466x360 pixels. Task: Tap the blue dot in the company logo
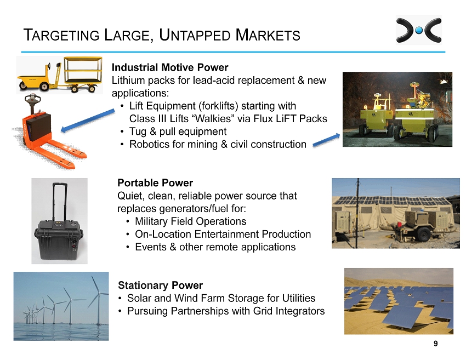[x=419, y=30]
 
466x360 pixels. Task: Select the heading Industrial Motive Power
[x=170, y=67]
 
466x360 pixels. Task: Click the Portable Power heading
[x=155, y=182]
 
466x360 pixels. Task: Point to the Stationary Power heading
[x=160, y=285]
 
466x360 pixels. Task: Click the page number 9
[x=435, y=344]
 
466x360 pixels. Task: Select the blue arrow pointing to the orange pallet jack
[x=88, y=121]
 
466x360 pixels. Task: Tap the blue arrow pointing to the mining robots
[x=326, y=140]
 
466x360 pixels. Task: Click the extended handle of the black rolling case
[x=60, y=202]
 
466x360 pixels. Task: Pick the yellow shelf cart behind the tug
[x=83, y=73]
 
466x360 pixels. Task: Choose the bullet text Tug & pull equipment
[x=178, y=132]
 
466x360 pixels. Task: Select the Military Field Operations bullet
[x=190, y=221]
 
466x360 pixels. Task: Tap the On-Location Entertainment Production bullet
[x=223, y=234]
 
